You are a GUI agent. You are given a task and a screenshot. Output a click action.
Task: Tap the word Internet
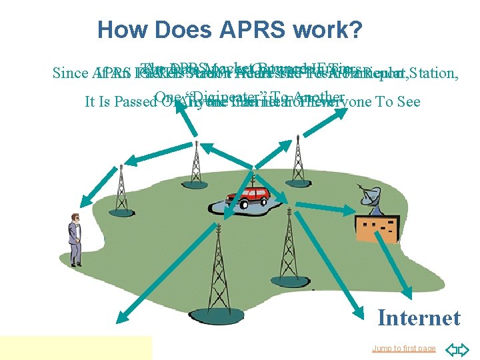(x=418, y=318)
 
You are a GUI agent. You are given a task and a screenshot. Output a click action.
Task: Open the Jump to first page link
(x=404, y=348)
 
